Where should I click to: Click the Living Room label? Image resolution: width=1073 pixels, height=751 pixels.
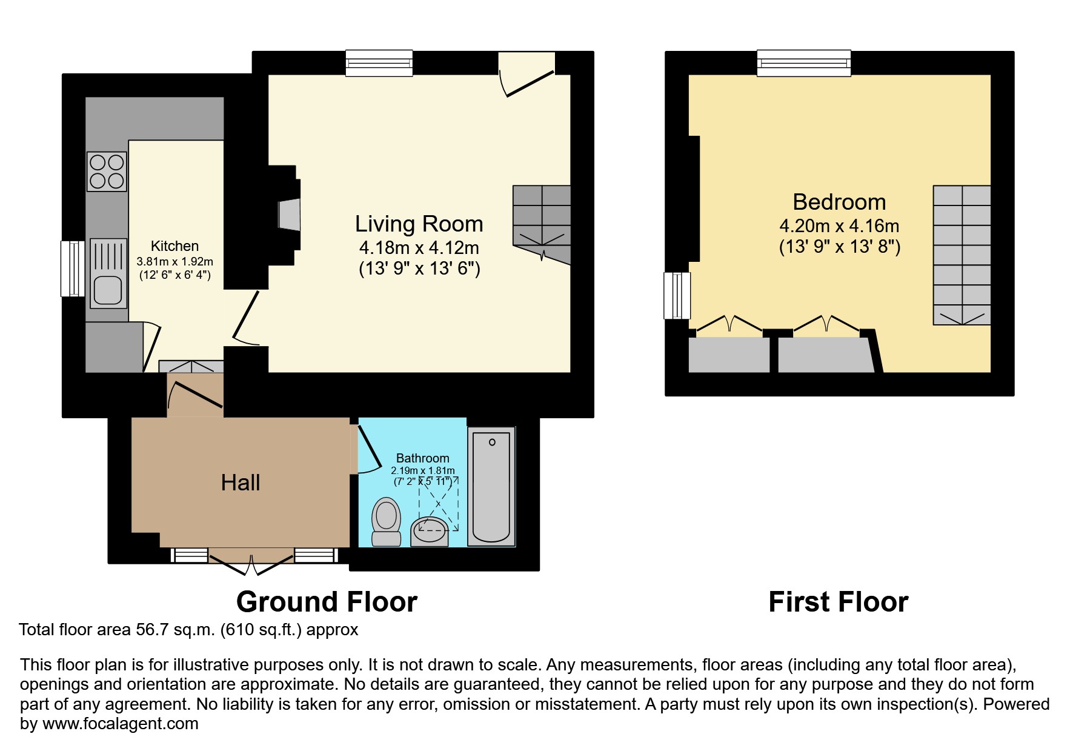[x=419, y=224]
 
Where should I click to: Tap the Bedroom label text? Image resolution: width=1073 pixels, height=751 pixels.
[x=839, y=202]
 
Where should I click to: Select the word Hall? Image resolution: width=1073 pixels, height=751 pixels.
[x=241, y=483]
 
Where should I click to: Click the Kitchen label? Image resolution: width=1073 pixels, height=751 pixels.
[x=174, y=246]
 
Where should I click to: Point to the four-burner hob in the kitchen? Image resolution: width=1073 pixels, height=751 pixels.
[x=107, y=172]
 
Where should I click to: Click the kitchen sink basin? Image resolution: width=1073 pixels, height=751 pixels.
[x=108, y=289]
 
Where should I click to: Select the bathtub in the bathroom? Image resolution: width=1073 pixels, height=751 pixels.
[x=491, y=487]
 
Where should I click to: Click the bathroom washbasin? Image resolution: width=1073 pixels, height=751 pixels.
[x=430, y=532]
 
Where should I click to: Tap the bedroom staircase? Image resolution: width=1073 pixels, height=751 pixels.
[x=962, y=255]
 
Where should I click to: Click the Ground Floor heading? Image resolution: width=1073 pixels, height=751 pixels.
[x=327, y=602]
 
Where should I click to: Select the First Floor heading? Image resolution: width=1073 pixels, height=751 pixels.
[x=838, y=602]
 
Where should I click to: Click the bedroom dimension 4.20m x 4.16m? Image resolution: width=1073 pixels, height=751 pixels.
[x=839, y=226]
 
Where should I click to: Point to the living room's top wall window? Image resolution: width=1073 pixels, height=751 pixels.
[x=379, y=63]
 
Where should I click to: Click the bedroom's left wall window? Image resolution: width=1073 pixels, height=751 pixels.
[x=677, y=295]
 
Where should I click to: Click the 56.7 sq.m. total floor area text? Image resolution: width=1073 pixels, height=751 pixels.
[x=175, y=630]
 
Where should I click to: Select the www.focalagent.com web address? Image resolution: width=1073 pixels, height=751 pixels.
[x=120, y=724]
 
